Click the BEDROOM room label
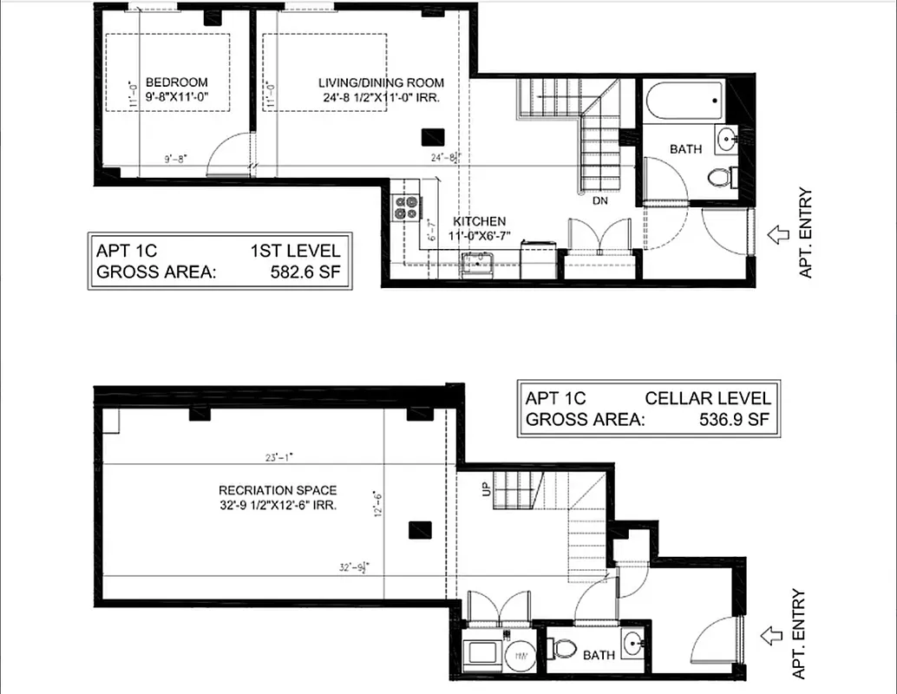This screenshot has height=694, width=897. click(x=176, y=82)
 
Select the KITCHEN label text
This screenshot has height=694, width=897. click(x=479, y=221)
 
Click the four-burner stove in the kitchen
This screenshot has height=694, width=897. click(x=406, y=207)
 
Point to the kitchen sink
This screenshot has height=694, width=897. click(x=476, y=263)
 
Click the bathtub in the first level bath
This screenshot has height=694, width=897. click(x=684, y=103)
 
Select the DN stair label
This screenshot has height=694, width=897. click(x=599, y=200)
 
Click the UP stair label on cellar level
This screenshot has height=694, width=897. click(x=485, y=490)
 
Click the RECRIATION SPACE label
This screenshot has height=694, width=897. click(x=277, y=490)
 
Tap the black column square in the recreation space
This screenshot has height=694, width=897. click(x=421, y=529)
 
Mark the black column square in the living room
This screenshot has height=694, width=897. click(x=433, y=136)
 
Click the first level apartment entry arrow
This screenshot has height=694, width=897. click(x=777, y=232)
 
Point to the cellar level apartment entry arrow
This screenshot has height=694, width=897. click(x=770, y=636)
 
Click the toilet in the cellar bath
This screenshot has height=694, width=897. click(x=563, y=647)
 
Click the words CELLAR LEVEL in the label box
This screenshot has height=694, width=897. click(x=707, y=398)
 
